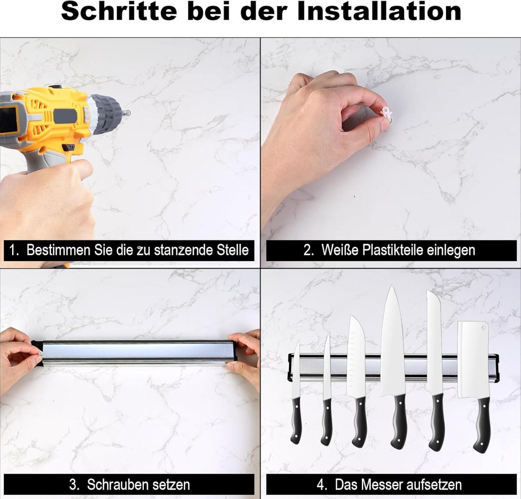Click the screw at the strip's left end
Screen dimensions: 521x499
click(x=40, y=354)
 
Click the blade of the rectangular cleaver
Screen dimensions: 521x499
click(x=473, y=360)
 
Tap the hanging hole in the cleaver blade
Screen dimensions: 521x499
click(x=483, y=328)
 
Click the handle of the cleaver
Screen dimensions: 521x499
click(x=481, y=424)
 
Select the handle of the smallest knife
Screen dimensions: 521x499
click(x=296, y=420)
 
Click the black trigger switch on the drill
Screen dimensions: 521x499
click(x=69, y=147)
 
